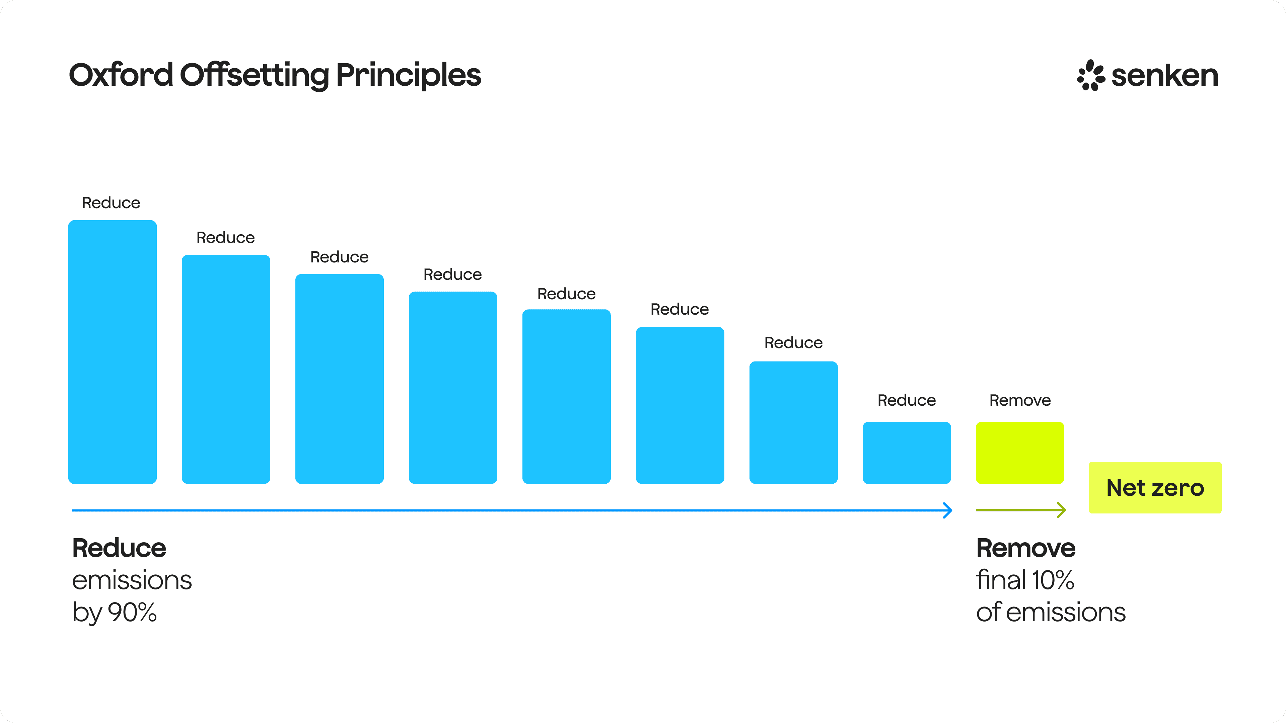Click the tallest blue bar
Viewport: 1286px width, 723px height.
pyautogui.click(x=112, y=352)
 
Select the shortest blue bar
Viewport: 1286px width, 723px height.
pyautogui.click(x=907, y=453)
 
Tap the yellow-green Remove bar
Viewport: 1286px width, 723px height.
pyautogui.click(x=1020, y=453)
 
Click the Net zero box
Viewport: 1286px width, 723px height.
pyautogui.click(x=1155, y=487)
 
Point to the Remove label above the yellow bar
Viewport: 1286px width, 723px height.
pyautogui.click(x=1020, y=400)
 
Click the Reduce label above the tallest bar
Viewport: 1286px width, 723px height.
pyautogui.click(x=111, y=203)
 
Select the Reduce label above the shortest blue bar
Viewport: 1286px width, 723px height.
pyautogui.click(x=907, y=400)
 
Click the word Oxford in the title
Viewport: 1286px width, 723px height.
pyautogui.click(x=121, y=75)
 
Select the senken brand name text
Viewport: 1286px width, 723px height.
pyautogui.click(x=1165, y=76)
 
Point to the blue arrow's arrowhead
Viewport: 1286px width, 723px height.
pyautogui.click(x=947, y=510)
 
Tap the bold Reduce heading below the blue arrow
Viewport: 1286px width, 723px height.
pyautogui.click(x=119, y=548)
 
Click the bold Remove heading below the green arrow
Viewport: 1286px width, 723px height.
pyautogui.click(x=1025, y=548)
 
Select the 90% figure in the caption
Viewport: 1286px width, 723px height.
pyautogui.click(x=132, y=612)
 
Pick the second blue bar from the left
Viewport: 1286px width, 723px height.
pyautogui.click(x=226, y=369)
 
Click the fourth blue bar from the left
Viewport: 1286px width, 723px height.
pyautogui.click(x=453, y=388)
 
